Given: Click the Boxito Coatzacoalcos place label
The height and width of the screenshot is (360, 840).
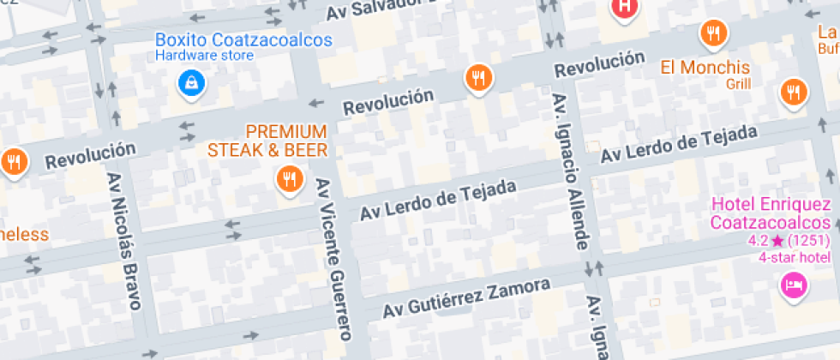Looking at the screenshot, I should [x=243, y=39].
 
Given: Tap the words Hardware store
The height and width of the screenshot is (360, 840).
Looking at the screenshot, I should [x=204, y=56].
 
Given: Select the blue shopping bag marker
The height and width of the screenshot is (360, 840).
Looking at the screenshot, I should [x=190, y=83].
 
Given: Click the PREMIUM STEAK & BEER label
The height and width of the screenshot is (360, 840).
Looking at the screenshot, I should [x=267, y=141].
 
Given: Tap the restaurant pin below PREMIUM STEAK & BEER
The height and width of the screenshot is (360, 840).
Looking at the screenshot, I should [x=289, y=179].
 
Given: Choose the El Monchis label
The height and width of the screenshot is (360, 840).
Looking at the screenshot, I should [x=705, y=67].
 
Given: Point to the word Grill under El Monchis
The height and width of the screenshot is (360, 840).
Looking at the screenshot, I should [x=738, y=84].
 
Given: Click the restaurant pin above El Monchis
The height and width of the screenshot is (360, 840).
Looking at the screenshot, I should [x=713, y=34].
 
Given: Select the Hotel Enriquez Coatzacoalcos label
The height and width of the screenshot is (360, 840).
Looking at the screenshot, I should [x=771, y=213].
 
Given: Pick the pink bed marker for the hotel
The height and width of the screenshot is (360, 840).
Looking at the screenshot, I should [x=794, y=285].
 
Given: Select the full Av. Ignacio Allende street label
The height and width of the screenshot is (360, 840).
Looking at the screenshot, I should [x=571, y=171].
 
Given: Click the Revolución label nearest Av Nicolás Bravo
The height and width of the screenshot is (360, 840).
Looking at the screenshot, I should [x=90, y=156].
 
